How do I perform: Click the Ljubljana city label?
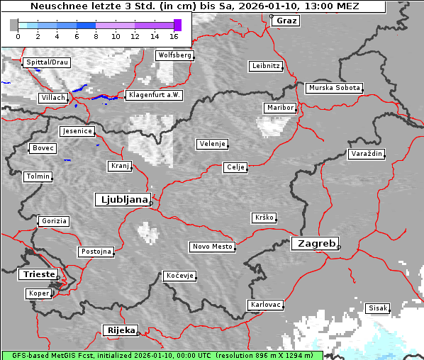click(x=122, y=200)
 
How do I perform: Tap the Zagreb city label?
click(x=315, y=243)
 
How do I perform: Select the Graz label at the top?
click(x=286, y=21)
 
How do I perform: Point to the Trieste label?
click(x=37, y=274)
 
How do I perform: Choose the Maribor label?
click(x=279, y=108)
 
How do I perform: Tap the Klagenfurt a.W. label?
click(x=154, y=95)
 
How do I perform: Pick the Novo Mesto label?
click(x=212, y=247)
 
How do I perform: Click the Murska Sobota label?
click(x=334, y=89)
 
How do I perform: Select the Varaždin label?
click(x=366, y=154)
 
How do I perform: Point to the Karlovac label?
click(x=266, y=305)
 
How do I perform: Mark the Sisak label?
click(x=378, y=308)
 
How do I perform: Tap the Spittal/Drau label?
click(x=47, y=62)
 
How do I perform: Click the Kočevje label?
click(x=179, y=275)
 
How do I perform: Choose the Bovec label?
click(x=42, y=148)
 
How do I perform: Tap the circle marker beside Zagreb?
click(x=339, y=247)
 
